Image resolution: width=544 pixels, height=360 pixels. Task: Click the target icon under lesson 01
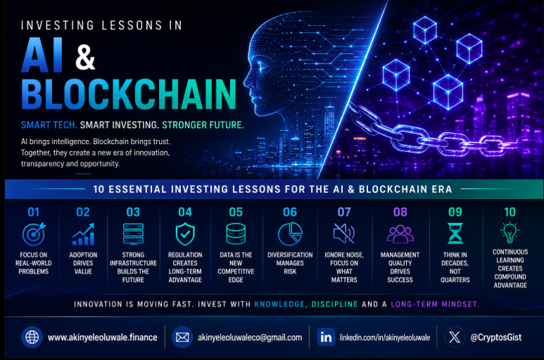[x=34, y=234]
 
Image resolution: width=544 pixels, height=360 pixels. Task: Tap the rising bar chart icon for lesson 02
[x=83, y=234]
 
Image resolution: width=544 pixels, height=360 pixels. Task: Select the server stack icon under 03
[x=133, y=234]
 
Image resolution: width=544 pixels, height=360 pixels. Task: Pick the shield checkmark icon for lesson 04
[x=185, y=234]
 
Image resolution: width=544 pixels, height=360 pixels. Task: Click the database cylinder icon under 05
[x=236, y=234]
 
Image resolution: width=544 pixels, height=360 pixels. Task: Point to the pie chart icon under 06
[x=290, y=234]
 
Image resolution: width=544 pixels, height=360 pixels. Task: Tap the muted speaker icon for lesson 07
[x=344, y=233]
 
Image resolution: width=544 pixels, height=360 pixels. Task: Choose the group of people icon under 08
[x=400, y=234]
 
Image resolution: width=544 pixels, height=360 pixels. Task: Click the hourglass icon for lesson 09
[x=455, y=233]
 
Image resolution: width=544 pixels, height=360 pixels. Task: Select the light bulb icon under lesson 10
[x=510, y=232]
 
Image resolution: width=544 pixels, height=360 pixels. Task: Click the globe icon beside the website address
[x=32, y=337]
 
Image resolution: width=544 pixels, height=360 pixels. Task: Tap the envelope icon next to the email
[x=182, y=337]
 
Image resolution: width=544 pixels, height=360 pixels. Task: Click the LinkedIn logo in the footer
[x=326, y=337]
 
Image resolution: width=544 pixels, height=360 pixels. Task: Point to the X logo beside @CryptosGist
[x=455, y=337]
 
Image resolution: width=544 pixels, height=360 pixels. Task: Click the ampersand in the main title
[x=85, y=57]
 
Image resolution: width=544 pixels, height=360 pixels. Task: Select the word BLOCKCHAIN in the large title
[x=129, y=94]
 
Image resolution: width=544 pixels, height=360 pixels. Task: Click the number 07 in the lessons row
[x=344, y=212]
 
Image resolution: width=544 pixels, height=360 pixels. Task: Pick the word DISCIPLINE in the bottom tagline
[x=334, y=304]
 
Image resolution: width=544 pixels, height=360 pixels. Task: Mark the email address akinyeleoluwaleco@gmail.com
[x=250, y=337]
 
